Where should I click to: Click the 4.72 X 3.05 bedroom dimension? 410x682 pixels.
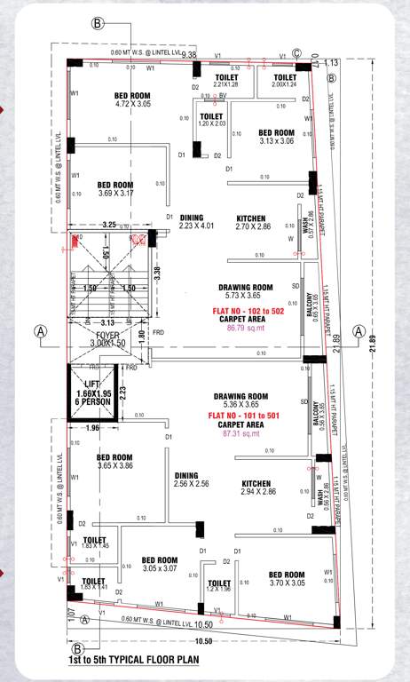133,105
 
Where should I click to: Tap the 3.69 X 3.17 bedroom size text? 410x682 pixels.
115,193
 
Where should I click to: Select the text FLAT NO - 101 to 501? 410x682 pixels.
246,415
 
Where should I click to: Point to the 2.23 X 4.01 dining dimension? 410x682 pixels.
197,226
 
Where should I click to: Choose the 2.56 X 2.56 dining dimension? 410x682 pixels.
192,484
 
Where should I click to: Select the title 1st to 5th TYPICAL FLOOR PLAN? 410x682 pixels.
133,661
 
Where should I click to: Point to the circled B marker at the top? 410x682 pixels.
98,22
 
